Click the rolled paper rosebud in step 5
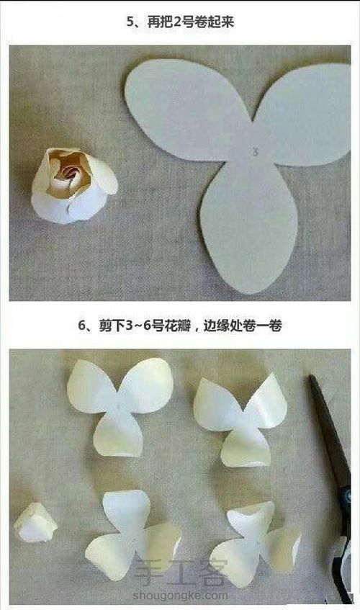tap(74, 186)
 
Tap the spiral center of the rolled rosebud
tap(70, 174)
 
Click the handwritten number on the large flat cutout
tap(256, 151)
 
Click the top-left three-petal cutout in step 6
tap(120, 406)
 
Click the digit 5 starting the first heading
tap(130, 22)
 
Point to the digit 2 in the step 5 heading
tap(177, 22)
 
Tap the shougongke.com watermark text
tap(180, 596)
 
